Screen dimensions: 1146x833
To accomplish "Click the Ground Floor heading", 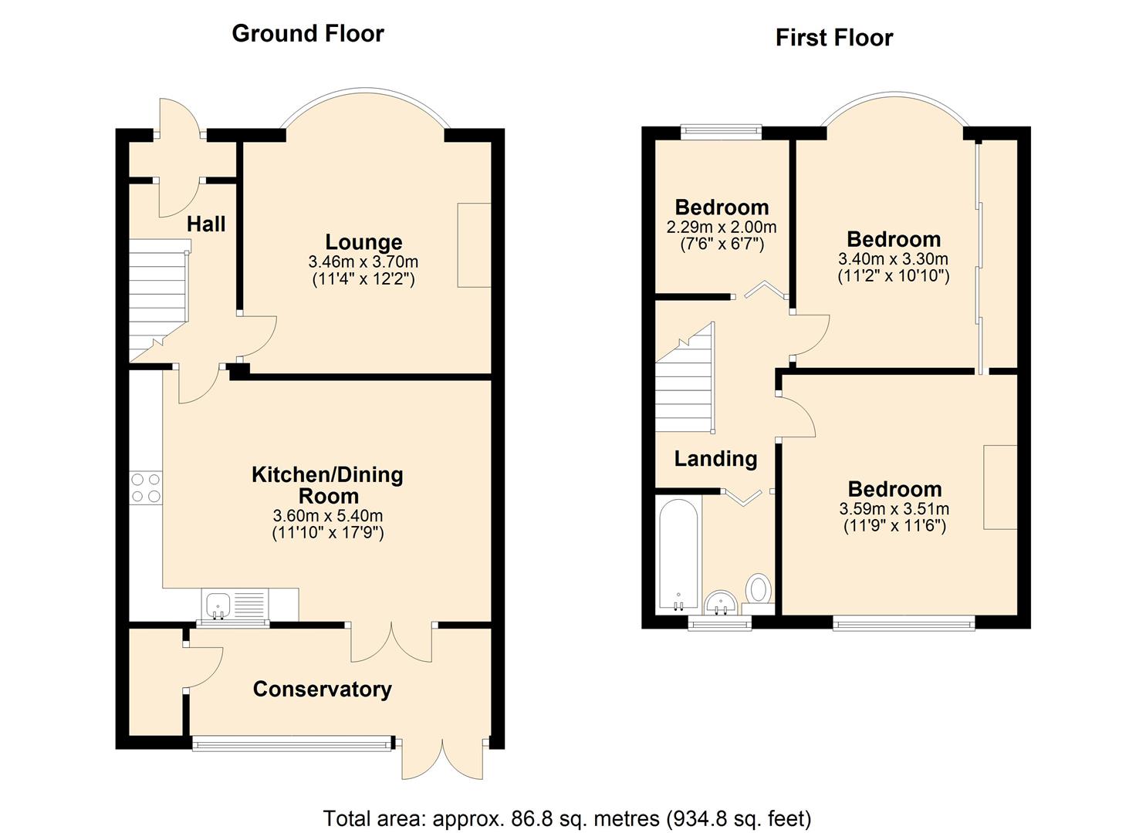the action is pyautogui.click(x=307, y=34).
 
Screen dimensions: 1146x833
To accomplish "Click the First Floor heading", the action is pyautogui.click(x=834, y=38).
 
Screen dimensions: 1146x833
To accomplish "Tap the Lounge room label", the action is pyautogui.click(x=363, y=242).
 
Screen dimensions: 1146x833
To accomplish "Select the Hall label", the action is pyautogui.click(x=206, y=224).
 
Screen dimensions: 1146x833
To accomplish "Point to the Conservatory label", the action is pyautogui.click(x=323, y=690).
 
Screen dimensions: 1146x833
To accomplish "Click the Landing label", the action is pyautogui.click(x=715, y=459).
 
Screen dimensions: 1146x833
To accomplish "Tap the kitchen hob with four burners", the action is pyautogui.click(x=147, y=487).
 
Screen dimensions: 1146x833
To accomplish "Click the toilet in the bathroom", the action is pyautogui.click(x=758, y=594).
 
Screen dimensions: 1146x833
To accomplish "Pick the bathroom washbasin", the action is pyautogui.click(x=720, y=602).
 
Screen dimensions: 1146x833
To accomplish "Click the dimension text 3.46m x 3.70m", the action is pyautogui.click(x=363, y=261).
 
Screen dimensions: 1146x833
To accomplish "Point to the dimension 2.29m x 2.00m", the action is pyautogui.click(x=722, y=227).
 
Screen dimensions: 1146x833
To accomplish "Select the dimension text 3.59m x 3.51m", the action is pyautogui.click(x=894, y=509).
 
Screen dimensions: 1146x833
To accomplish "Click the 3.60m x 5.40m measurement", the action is pyautogui.click(x=328, y=515).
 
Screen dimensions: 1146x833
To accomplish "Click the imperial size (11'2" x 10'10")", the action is pyautogui.click(x=894, y=276).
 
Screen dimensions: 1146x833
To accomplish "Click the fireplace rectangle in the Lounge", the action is pyautogui.click(x=475, y=245).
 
